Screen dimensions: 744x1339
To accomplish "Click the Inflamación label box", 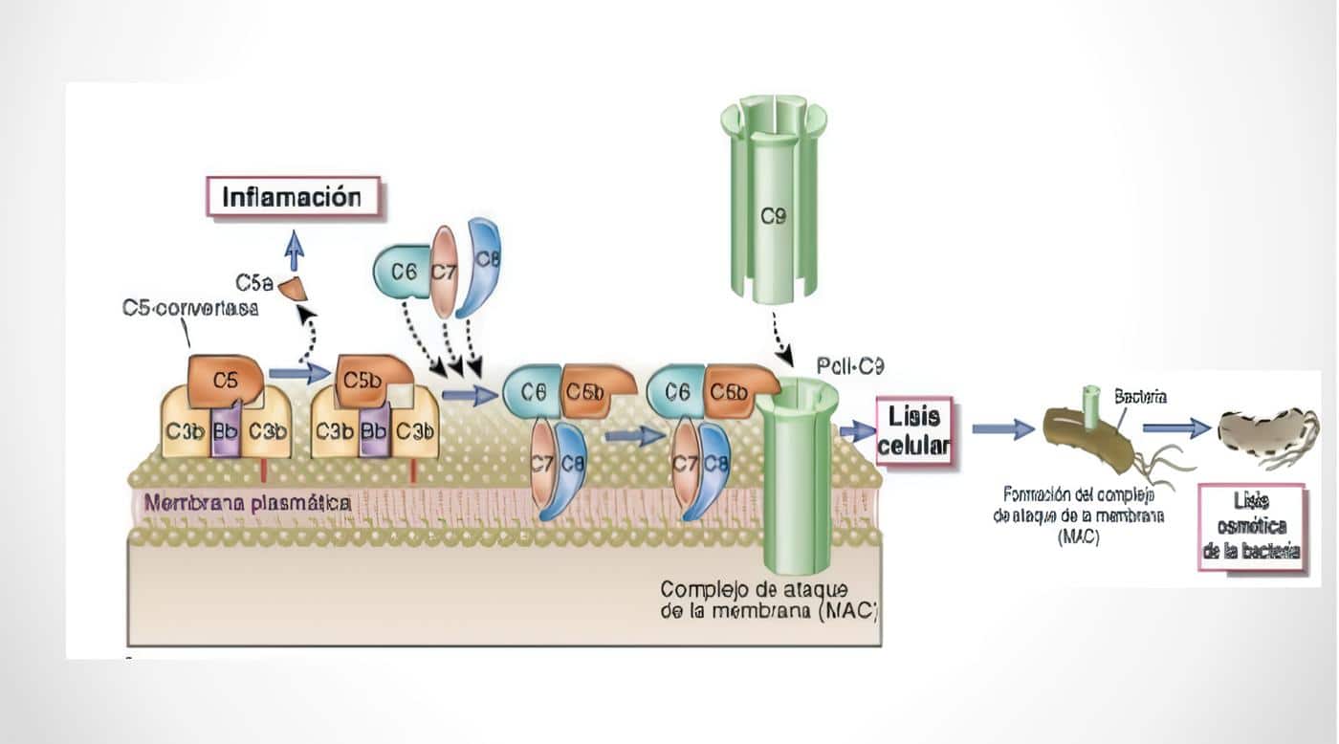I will [x=293, y=198].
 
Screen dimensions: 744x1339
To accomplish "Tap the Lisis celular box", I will [x=914, y=430].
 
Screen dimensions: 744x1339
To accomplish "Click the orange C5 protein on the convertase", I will [x=226, y=380].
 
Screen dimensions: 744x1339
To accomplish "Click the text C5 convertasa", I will [x=190, y=309].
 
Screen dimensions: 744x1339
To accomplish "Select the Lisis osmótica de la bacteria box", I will [x=1252, y=527].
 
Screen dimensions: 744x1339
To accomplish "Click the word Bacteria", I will [x=1140, y=394].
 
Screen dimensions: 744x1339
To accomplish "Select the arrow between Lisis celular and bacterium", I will [x=1003, y=430].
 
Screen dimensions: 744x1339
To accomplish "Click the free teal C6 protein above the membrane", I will [x=403, y=273].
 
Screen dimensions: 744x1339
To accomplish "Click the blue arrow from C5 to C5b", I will [x=297, y=373].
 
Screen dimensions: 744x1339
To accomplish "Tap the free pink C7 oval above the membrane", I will [x=443, y=272].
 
